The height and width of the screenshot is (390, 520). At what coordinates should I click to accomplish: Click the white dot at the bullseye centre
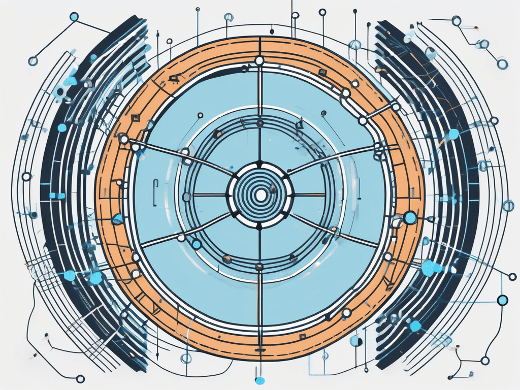pos(261,194)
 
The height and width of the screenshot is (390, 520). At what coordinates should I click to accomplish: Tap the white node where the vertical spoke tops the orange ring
pos(259,61)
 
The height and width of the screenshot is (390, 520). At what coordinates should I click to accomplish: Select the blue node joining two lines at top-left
pos(74,17)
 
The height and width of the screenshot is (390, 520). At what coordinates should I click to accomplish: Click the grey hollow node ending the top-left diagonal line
pos(33,61)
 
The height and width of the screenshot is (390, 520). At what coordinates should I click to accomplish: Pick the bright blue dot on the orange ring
pos(410,218)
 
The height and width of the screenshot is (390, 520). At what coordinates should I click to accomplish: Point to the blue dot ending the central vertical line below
pos(260,380)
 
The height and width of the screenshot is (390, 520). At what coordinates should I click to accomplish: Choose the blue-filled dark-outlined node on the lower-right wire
pos(503,300)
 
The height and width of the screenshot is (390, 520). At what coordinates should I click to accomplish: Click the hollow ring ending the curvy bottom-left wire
pos(79,378)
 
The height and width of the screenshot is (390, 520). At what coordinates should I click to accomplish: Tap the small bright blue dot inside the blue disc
pos(196,245)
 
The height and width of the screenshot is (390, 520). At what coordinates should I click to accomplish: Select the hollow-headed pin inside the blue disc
pos(200,115)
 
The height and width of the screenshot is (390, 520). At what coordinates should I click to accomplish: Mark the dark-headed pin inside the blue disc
pos(323,113)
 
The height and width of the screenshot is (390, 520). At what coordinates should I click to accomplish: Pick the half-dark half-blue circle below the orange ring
pos(355,340)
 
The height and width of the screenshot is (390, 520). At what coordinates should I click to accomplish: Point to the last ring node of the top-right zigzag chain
pos(503,63)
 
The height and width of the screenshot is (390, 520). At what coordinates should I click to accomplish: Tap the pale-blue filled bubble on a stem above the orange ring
pos(355,45)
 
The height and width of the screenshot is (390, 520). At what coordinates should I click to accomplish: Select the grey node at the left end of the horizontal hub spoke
pos(186,196)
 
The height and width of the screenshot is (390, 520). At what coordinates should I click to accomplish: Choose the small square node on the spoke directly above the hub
pos(260,123)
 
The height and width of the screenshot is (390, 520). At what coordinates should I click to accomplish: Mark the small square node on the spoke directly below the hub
pos(260,266)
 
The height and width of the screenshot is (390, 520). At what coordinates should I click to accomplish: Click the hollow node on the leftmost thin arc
pos(26,176)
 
